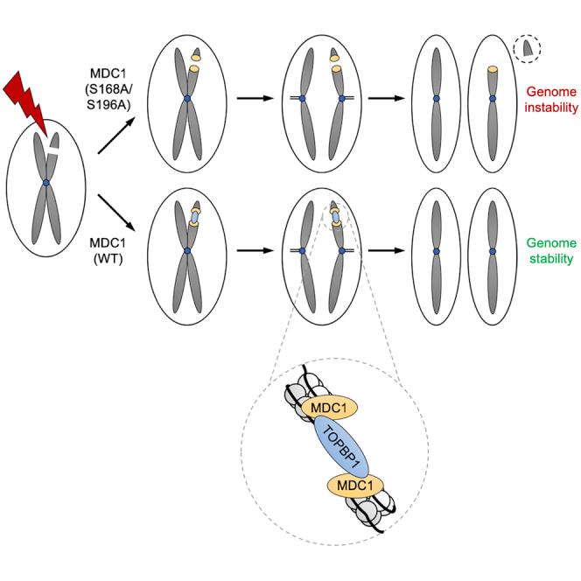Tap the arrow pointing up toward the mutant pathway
[115, 138]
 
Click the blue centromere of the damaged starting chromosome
[45, 183]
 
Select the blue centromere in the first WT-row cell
[186, 251]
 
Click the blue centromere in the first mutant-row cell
[186, 99]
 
